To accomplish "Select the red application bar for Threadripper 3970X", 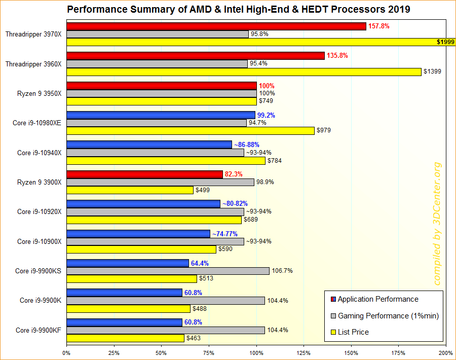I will coord(216,26).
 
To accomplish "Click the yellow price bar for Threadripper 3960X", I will coord(244,72).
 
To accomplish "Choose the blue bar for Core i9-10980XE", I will coord(161,115).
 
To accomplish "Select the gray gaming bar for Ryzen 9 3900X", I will coord(160,182).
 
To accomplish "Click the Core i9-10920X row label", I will coord(39,211).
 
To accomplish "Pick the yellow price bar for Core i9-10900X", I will coord(141,249).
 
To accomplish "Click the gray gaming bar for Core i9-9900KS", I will coord(168,271).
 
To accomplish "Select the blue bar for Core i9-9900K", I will coord(124,293).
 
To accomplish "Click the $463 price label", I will coord(193,338).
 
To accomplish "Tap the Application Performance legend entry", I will coord(377,299).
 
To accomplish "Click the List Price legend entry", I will coord(353,332).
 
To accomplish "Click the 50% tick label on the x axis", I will coord(161,353).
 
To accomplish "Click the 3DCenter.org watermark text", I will coord(437,223).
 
